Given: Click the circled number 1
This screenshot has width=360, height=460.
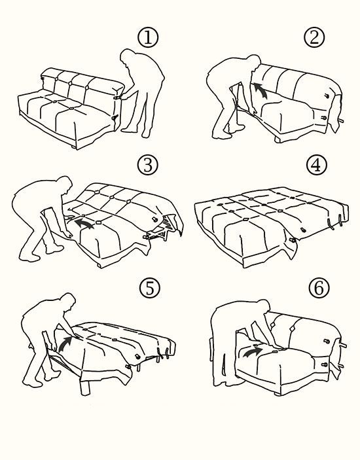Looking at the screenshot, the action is click(x=148, y=38).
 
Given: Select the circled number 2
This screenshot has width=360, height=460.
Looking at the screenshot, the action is click(x=314, y=38).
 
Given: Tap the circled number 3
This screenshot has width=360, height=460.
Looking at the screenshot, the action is click(x=148, y=165).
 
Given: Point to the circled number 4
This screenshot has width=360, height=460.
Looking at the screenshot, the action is click(x=317, y=165).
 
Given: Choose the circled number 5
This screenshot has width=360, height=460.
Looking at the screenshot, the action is click(x=150, y=288).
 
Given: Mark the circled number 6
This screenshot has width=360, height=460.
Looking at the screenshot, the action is click(x=319, y=288).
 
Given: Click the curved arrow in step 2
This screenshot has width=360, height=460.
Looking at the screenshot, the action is click(x=261, y=91).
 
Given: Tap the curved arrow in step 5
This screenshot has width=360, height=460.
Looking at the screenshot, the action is click(x=65, y=344).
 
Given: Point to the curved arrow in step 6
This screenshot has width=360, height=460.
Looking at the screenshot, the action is click(x=252, y=351).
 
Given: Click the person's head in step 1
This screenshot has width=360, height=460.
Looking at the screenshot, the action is click(x=127, y=56).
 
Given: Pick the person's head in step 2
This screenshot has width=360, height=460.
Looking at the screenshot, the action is click(x=254, y=62).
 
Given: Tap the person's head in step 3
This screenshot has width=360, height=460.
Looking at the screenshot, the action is click(x=65, y=184).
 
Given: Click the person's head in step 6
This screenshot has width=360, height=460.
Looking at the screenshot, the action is click(x=264, y=307).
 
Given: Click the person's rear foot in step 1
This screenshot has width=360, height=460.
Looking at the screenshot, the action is click(x=146, y=133).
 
